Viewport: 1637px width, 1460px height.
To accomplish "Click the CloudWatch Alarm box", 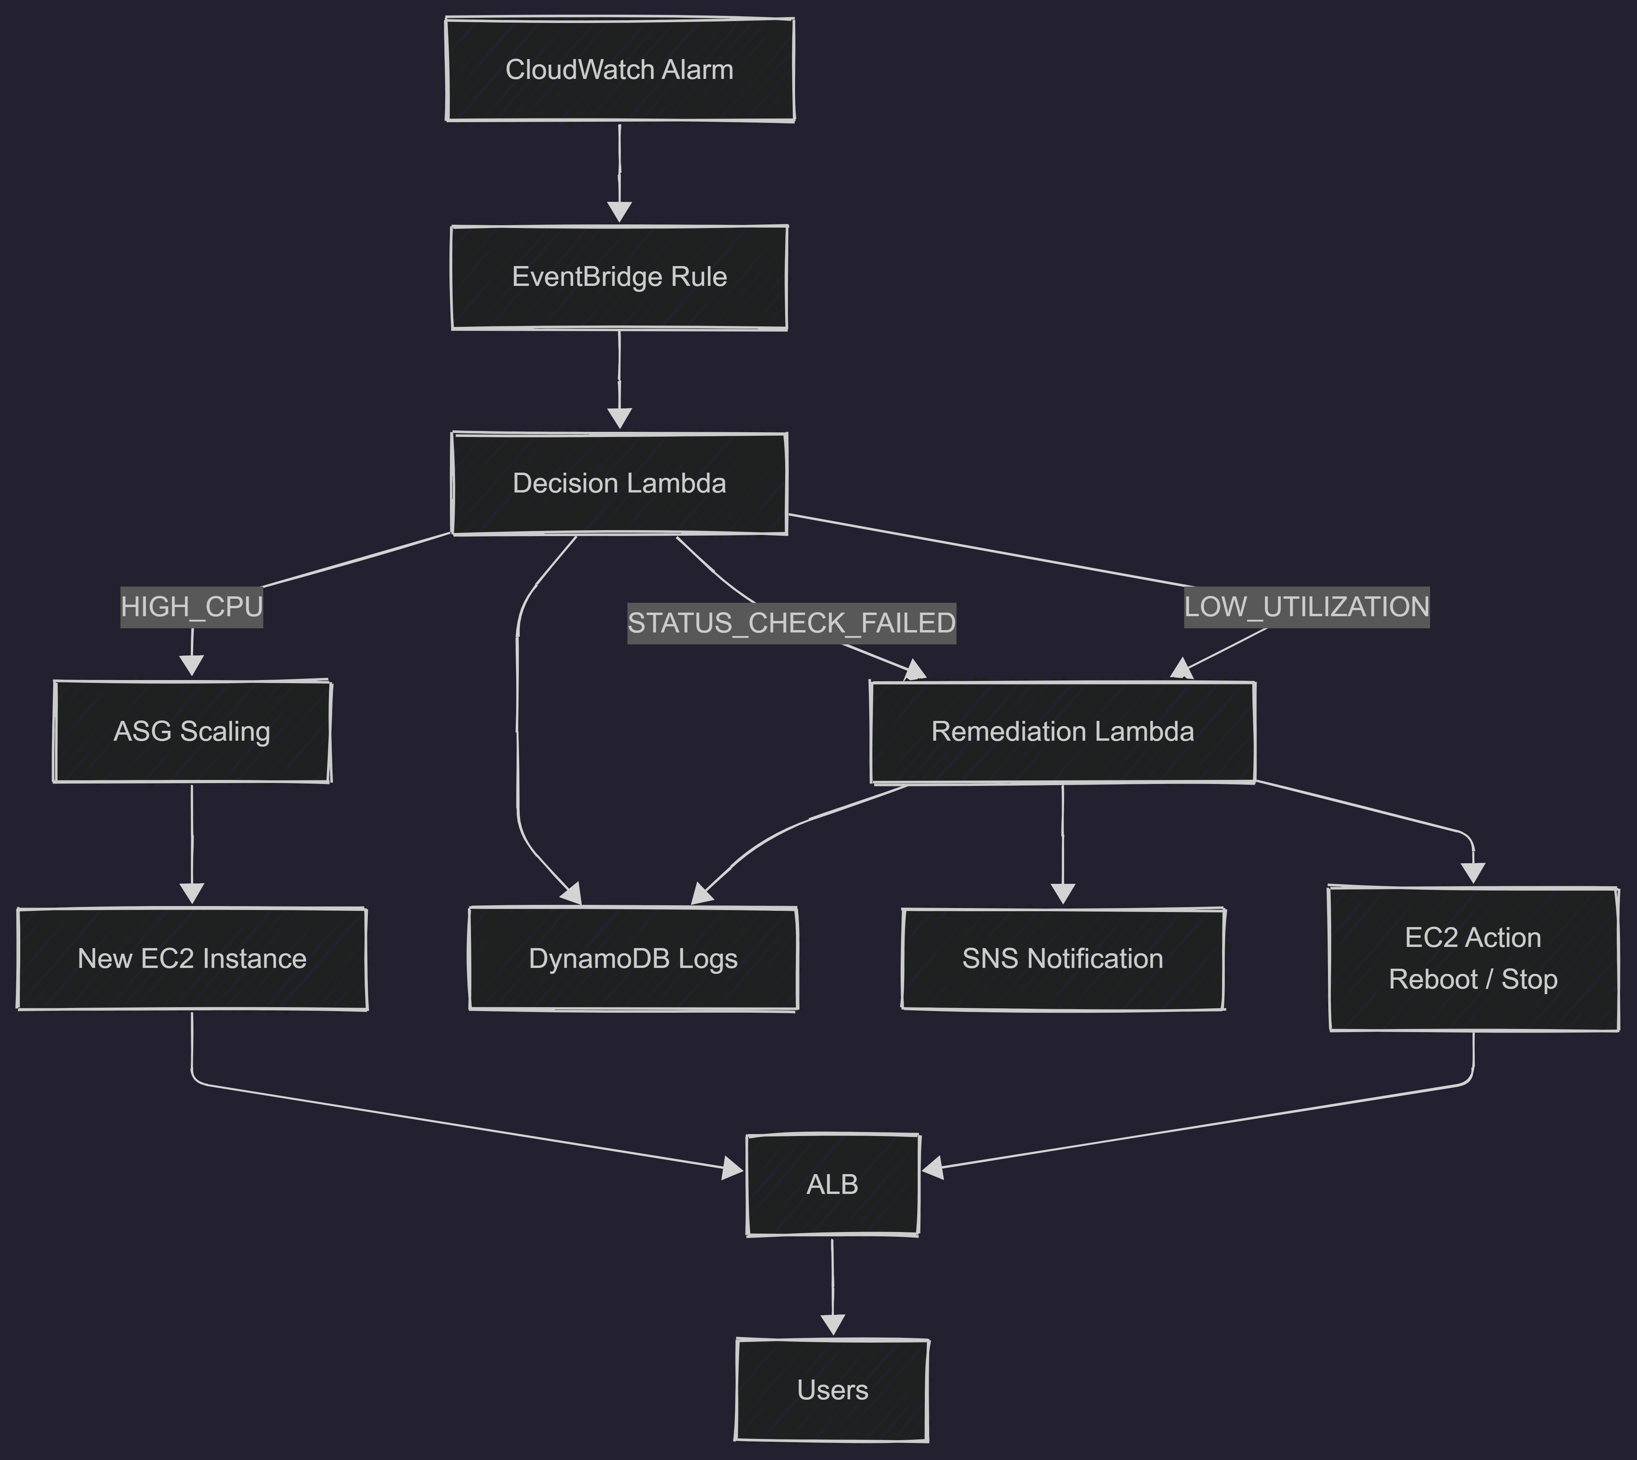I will (619, 70).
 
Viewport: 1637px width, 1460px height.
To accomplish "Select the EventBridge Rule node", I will (619, 277).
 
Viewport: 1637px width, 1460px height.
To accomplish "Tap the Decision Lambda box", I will (619, 483).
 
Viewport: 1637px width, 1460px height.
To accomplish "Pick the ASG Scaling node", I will (192, 731).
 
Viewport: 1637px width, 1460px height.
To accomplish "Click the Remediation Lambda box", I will (1063, 731).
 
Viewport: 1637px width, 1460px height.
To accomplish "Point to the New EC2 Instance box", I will (192, 958).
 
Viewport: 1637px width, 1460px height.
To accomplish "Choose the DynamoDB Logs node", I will (633, 958).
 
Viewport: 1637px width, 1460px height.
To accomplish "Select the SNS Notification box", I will (1063, 958).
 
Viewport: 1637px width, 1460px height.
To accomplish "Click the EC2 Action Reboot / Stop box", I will (1473, 958).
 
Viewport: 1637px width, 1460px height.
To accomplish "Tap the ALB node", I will (832, 1184).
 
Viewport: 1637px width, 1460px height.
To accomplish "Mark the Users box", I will (832, 1389).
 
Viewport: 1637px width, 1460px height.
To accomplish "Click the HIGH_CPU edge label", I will (192, 606).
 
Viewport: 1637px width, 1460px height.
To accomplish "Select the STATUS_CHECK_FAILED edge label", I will (791, 623).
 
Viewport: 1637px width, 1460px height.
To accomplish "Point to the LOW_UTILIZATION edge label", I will (1307, 606).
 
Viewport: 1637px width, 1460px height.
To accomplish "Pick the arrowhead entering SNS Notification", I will (1063, 894).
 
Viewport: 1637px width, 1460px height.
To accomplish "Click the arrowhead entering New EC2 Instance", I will (192, 894).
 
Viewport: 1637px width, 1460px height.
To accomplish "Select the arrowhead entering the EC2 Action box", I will (1473, 873).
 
